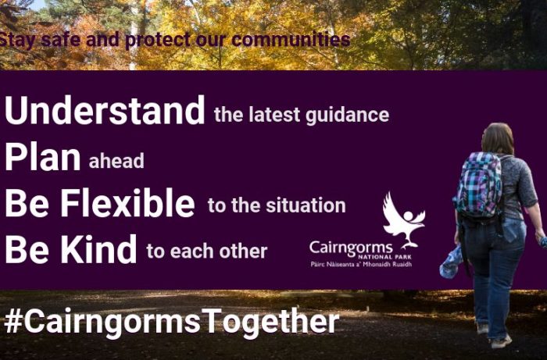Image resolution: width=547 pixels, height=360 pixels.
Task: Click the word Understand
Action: pyautogui.click(x=105, y=110)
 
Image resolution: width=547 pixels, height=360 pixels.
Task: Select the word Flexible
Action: pyautogui.click(x=127, y=203)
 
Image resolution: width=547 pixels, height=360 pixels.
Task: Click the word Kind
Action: pyautogui.click(x=99, y=249)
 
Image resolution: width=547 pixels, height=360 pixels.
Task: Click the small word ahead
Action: pyautogui.click(x=116, y=161)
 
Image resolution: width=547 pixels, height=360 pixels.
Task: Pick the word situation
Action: pyautogui.click(x=306, y=205)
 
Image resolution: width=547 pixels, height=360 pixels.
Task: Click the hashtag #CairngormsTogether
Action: pyautogui.click(x=172, y=322)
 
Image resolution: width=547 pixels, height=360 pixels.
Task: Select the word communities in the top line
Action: pyautogui.click(x=291, y=39)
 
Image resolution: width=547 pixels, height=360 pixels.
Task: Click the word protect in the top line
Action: pyautogui.click(x=158, y=41)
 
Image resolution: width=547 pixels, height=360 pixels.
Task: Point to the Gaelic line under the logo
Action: pyautogui.click(x=361, y=264)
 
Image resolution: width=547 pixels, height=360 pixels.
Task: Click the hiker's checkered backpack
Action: pyautogui.click(x=478, y=185)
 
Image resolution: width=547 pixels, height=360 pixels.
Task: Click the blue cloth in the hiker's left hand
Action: pyautogui.click(x=451, y=262)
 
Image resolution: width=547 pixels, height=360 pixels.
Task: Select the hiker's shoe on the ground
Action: pyautogui.click(x=501, y=341)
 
